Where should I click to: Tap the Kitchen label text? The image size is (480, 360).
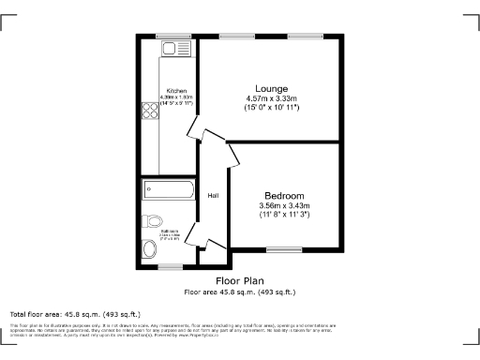pyautogui.click(x=175, y=91)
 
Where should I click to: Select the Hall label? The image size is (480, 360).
pyautogui.click(x=213, y=196)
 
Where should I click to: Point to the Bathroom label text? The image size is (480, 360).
pyautogui.click(x=169, y=229)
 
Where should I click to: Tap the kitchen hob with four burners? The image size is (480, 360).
pyautogui.click(x=150, y=112)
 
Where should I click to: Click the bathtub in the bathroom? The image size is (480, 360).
pyautogui.click(x=168, y=191)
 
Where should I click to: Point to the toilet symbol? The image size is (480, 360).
pyautogui.click(x=152, y=222)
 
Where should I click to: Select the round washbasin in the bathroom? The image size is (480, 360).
pyautogui.click(x=150, y=249)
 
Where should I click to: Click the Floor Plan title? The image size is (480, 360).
pyautogui.click(x=239, y=280)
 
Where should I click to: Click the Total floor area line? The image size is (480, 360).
pyautogui.click(x=75, y=313)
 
